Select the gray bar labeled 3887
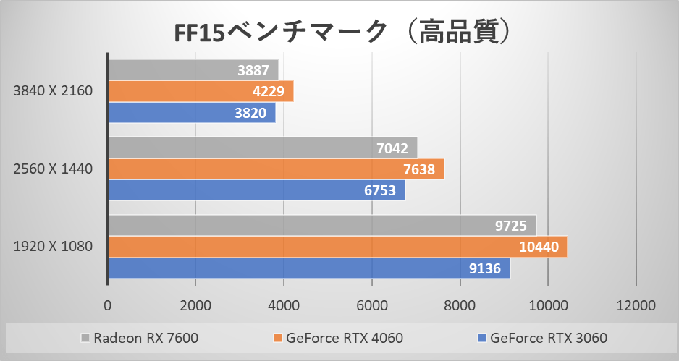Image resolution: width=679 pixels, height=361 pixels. [193, 70]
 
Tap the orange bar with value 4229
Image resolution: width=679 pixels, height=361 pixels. [201, 91]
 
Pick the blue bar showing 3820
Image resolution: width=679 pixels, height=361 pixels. [191, 113]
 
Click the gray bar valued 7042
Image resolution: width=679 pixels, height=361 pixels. [262, 148]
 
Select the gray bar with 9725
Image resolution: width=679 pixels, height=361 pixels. [321, 226]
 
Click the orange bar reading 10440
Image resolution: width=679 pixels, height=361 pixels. [337, 247]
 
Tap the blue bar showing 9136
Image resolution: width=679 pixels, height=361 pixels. [308, 268]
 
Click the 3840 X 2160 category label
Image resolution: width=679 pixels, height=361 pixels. [53, 91]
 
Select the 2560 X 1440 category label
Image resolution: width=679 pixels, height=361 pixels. [53, 169]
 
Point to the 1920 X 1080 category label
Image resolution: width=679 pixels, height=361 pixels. [53, 247]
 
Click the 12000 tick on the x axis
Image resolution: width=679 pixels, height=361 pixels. [636, 305]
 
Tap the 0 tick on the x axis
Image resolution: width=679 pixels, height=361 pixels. [108, 305]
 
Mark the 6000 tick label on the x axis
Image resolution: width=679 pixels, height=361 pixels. [371, 305]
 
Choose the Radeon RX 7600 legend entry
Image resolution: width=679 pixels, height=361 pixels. [140, 337]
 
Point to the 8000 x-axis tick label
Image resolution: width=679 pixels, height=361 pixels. [460, 305]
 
